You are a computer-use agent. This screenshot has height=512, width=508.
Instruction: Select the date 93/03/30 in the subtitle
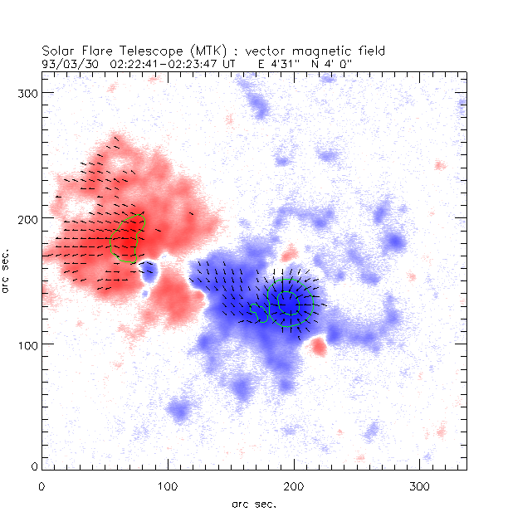tap(67, 61)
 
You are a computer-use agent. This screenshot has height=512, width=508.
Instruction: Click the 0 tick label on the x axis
tap(42, 485)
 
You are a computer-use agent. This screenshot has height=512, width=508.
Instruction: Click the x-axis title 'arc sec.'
tap(253, 503)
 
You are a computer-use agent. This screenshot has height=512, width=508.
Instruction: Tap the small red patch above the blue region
tap(289, 252)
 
